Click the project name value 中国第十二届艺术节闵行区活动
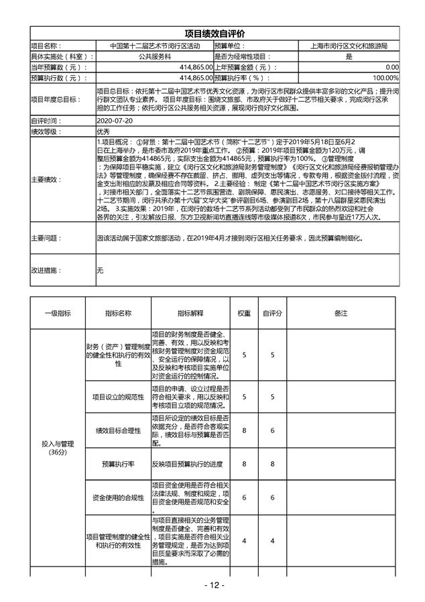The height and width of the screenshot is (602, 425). point(155,46)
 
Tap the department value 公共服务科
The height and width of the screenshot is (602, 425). point(155,57)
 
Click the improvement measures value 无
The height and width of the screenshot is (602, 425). point(100,270)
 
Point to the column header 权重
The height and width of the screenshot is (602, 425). point(244,313)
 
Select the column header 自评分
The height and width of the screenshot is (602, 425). point(272,313)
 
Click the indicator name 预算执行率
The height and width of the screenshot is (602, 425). point(118,464)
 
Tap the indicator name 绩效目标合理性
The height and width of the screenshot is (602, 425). point(118,430)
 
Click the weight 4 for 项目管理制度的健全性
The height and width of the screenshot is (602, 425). point(244,540)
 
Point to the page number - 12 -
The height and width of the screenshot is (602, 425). point(214,585)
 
